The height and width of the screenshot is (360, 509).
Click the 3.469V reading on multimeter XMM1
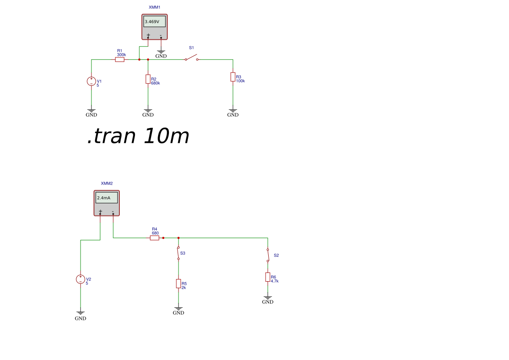152,22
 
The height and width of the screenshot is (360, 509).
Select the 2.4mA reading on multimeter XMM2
104,198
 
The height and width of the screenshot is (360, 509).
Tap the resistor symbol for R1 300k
120,60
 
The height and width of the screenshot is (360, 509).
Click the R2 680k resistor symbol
148,79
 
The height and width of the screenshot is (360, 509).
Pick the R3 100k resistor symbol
233,77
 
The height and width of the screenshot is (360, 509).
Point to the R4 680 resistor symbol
155,238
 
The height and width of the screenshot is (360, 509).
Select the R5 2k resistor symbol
179,283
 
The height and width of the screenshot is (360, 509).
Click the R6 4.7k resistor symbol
268,277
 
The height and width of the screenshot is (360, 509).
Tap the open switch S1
192,58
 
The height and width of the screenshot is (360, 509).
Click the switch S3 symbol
179,253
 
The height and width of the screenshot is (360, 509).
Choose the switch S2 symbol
268,256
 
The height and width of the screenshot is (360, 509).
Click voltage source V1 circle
91,81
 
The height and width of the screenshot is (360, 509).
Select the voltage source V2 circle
81,279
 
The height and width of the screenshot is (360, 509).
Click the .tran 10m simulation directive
138,136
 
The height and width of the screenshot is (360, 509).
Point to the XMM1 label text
155,7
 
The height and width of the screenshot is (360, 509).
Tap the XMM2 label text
107,183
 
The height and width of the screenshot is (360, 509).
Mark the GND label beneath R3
233,115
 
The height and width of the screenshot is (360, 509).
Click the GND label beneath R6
268,302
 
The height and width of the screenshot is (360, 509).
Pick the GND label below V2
81,319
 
